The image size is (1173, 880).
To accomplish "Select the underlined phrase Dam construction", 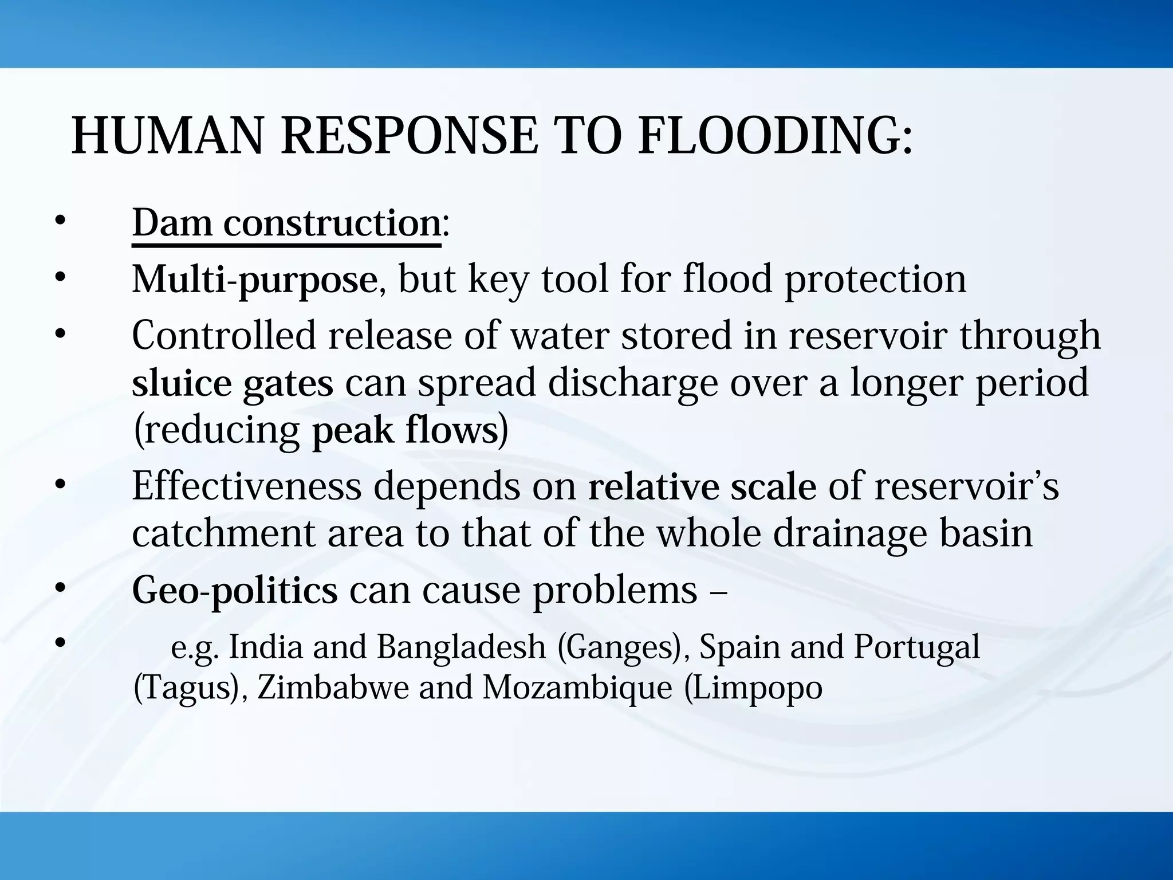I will [x=286, y=223].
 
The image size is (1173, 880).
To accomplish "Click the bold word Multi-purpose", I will [x=254, y=280].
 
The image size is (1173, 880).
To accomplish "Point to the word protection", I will [x=875, y=280].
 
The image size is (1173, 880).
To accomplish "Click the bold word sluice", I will [x=180, y=383].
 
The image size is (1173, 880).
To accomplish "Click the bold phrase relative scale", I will [x=702, y=486].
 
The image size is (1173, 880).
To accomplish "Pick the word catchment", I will [x=223, y=533].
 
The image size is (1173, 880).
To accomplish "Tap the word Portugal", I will [x=916, y=647].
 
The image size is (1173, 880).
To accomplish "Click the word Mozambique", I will [x=577, y=687].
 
